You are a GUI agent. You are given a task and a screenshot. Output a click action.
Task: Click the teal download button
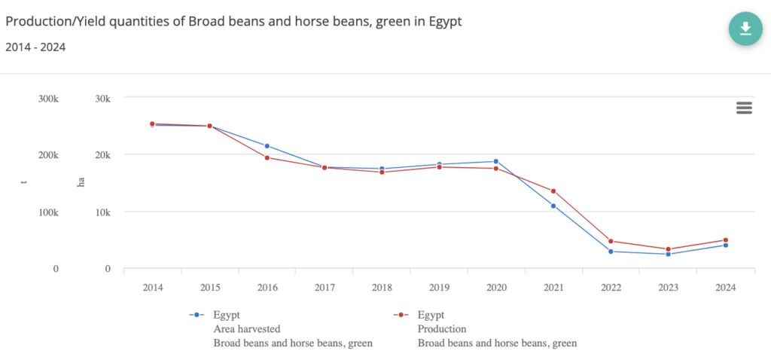click(x=745, y=29)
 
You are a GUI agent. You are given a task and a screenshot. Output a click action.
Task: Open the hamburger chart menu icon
click(x=744, y=108)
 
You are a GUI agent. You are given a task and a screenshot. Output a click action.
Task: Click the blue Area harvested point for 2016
click(x=267, y=146)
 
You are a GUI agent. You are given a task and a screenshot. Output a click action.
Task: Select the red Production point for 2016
click(x=267, y=157)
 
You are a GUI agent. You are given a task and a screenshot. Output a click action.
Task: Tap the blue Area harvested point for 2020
click(x=496, y=161)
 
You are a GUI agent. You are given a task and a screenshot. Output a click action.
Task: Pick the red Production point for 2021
click(x=553, y=191)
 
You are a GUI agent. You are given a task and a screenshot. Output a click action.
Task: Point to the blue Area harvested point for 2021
click(x=553, y=206)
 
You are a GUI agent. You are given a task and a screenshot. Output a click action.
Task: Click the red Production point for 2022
click(x=611, y=241)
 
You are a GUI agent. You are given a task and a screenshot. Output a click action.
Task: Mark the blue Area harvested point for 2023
click(x=668, y=254)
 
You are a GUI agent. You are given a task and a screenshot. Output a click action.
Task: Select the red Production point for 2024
click(x=726, y=240)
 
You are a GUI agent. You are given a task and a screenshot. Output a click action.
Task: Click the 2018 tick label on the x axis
click(x=382, y=287)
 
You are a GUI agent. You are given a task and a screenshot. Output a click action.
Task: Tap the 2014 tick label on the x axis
click(x=153, y=287)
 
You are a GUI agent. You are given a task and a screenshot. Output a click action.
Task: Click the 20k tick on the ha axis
click(x=102, y=155)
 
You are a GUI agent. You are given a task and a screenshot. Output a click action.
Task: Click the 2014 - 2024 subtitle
click(x=35, y=47)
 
